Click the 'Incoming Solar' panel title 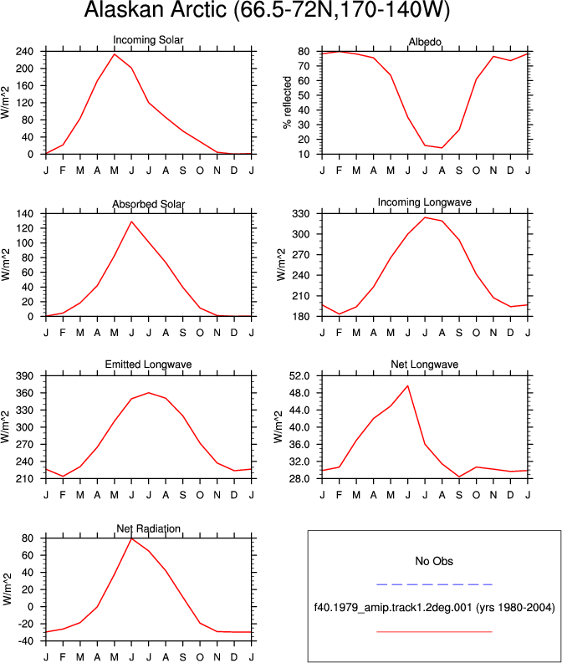coord(148,40)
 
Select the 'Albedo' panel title coord(425,42)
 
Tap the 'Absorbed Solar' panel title coord(148,204)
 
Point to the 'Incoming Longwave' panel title coord(425,202)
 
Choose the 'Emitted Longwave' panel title coord(148,364)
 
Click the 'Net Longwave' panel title coord(425,364)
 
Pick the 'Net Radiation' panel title coord(148,528)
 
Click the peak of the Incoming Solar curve coord(115,54)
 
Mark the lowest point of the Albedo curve coord(442,148)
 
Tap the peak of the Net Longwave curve coord(407,385)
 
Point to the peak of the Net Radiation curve coord(131,538)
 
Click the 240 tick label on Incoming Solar coord(24,52)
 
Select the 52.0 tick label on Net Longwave coord(299,376)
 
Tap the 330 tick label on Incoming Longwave coord(301,214)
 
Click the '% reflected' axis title coord(288,102)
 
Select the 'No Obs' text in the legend coord(434,561)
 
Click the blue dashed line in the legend coord(434,584)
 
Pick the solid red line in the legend coord(434,632)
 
